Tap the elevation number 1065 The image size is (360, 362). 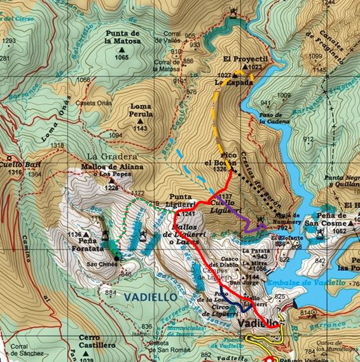tap(122, 57)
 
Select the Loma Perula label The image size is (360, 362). tap(141, 111)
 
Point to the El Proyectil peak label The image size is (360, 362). tap(242, 59)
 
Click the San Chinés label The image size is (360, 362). tap(100, 264)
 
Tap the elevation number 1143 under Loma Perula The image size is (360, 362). tap(141, 128)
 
